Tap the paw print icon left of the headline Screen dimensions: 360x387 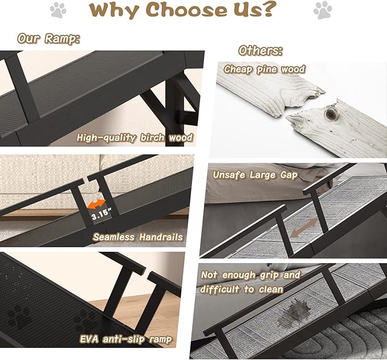pyautogui.click(x=58, y=10)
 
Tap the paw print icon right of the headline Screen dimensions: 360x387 pyautogui.click(x=322, y=10)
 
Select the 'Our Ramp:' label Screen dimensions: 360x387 pyautogui.click(x=48, y=38)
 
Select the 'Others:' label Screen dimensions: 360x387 pyautogui.click(x=260, y=50)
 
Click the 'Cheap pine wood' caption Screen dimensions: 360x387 pyautogui.click(x=264, y=69)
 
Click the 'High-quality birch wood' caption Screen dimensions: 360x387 pyautogui.click(x=135, y=137)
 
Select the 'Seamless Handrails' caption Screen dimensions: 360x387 pyautogui.click(x=138, y=236)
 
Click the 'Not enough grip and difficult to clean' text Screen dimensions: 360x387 pyautogui.click(x=250, y=281)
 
